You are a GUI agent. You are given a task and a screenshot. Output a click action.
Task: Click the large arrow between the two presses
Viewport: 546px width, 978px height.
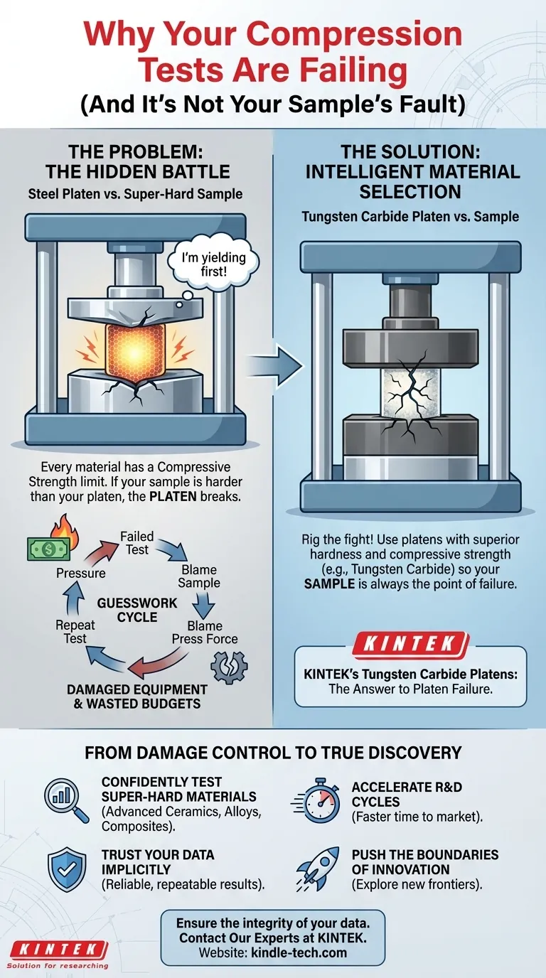(x=275, y=366)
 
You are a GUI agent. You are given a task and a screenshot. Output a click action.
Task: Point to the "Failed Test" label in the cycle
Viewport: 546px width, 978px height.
(x=137, y=543)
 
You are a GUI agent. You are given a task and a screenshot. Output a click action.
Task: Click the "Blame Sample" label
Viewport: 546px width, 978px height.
(x=199, y=576)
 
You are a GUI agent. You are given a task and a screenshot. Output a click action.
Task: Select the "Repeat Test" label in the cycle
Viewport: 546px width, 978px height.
(x=75, y=632)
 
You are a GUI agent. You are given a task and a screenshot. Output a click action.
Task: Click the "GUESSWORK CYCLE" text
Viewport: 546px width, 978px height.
(x=137, y=610)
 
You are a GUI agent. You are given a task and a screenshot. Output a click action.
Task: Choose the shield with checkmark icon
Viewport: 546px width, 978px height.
(x=67, y=869)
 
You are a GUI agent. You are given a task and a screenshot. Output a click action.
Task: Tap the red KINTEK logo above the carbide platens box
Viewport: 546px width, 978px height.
(x=411, y=643)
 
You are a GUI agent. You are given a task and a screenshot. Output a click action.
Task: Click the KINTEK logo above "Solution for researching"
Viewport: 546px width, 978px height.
(x=58, y=949)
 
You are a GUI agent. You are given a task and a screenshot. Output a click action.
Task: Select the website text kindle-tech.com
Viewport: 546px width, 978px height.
(x=299, y=952)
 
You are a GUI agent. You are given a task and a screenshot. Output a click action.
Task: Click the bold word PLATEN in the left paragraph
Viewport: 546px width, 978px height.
(x=173, y=497)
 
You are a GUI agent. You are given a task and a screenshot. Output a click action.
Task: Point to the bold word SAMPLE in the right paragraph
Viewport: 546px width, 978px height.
(x=329, y=584)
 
